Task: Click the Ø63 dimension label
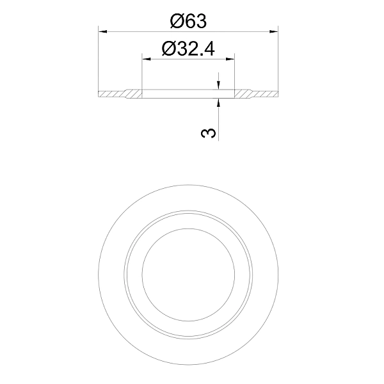click(x=188, y=21)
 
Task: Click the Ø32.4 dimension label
click(x=188, y=49)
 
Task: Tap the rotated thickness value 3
click(x=209, y=133)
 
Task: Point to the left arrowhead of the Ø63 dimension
click(x=103, y=31)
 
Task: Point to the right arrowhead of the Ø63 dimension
click(x=273, y=31)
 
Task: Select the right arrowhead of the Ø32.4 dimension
click(x=230, y=59)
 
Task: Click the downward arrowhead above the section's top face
click(x=218, y=84)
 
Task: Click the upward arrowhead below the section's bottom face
click(x=218, y=103)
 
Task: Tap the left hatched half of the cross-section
click(x=120, y=94)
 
